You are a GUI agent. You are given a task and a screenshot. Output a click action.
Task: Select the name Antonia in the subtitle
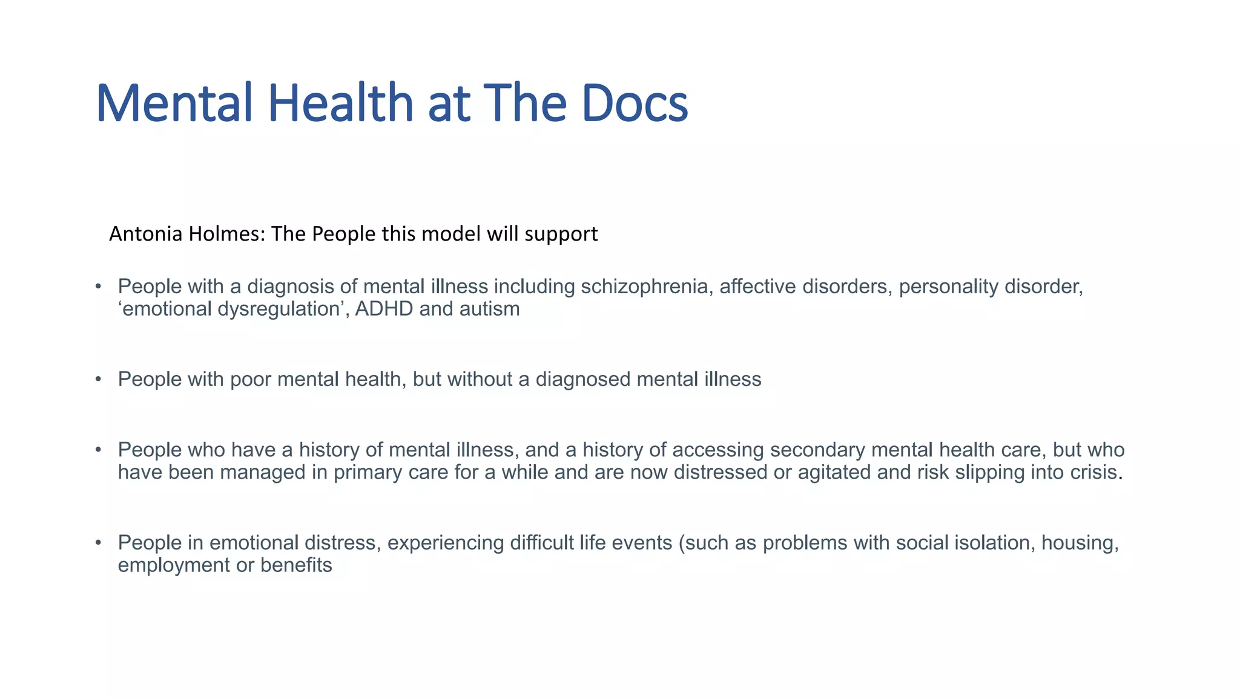pos(146,234)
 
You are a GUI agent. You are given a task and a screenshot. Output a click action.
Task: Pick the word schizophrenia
pos(644,287)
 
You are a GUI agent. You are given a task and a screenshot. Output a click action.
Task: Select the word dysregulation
pos(278,310)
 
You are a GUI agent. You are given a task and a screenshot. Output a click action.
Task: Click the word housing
pos(1080,543)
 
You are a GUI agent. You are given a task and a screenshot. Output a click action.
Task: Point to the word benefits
pos(296,565)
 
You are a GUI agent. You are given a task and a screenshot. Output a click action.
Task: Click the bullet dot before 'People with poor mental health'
pos(98,379)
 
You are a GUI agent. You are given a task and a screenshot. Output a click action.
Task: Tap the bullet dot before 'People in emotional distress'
pos(98,543)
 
